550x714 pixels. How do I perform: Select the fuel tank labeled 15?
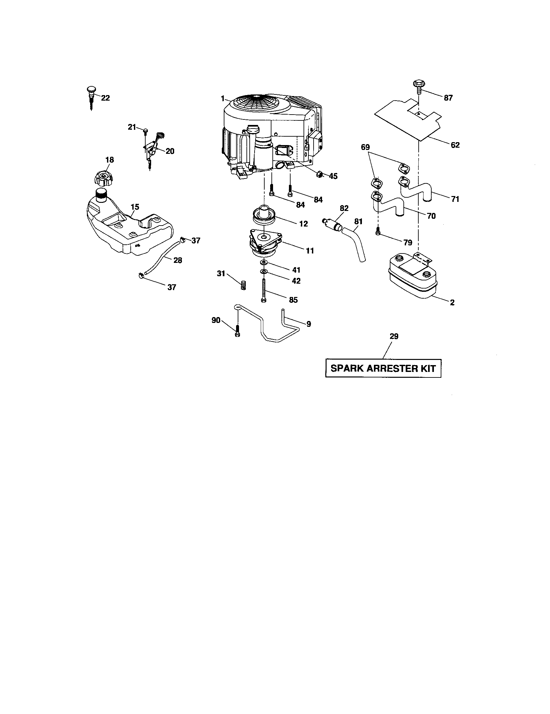tap(127, 230)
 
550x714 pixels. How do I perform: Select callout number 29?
tap(394, 337)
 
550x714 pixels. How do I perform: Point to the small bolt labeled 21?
tap(145, 131)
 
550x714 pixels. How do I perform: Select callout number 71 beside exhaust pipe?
tap(455, 199)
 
